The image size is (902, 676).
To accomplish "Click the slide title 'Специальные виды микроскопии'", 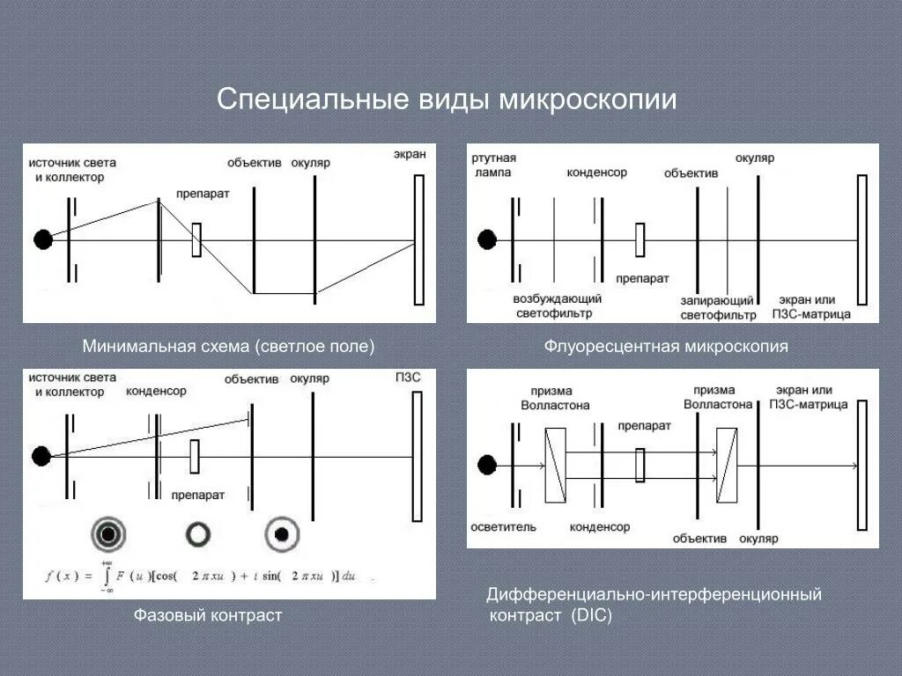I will coord(447,99).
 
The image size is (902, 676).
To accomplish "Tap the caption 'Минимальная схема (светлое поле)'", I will coord(229,346).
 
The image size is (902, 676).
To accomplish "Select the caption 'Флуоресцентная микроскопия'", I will coord(666,346).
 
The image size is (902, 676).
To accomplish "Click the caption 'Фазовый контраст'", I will coord(208,615).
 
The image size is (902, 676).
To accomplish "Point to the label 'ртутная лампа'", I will coord(493,165).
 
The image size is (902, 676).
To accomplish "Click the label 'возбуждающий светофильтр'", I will coord(557,306).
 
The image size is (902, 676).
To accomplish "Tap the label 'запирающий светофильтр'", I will coord(718,308).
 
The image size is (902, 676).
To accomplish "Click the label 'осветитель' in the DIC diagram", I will coord(504,526).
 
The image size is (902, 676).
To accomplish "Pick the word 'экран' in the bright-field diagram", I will coord(410,155).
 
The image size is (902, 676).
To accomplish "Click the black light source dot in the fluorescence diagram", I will coord(487,239).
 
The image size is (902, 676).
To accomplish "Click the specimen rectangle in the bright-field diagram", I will coord(196,239).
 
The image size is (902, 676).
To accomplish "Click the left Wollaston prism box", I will coord(555,465).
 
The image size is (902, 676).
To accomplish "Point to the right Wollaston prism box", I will coord(727,465).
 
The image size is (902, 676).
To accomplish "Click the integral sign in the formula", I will coord(107,577).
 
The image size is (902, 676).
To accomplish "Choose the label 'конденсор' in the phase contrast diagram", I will coord(156,391).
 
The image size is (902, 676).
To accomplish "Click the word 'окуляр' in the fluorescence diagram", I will coord(756,158).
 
